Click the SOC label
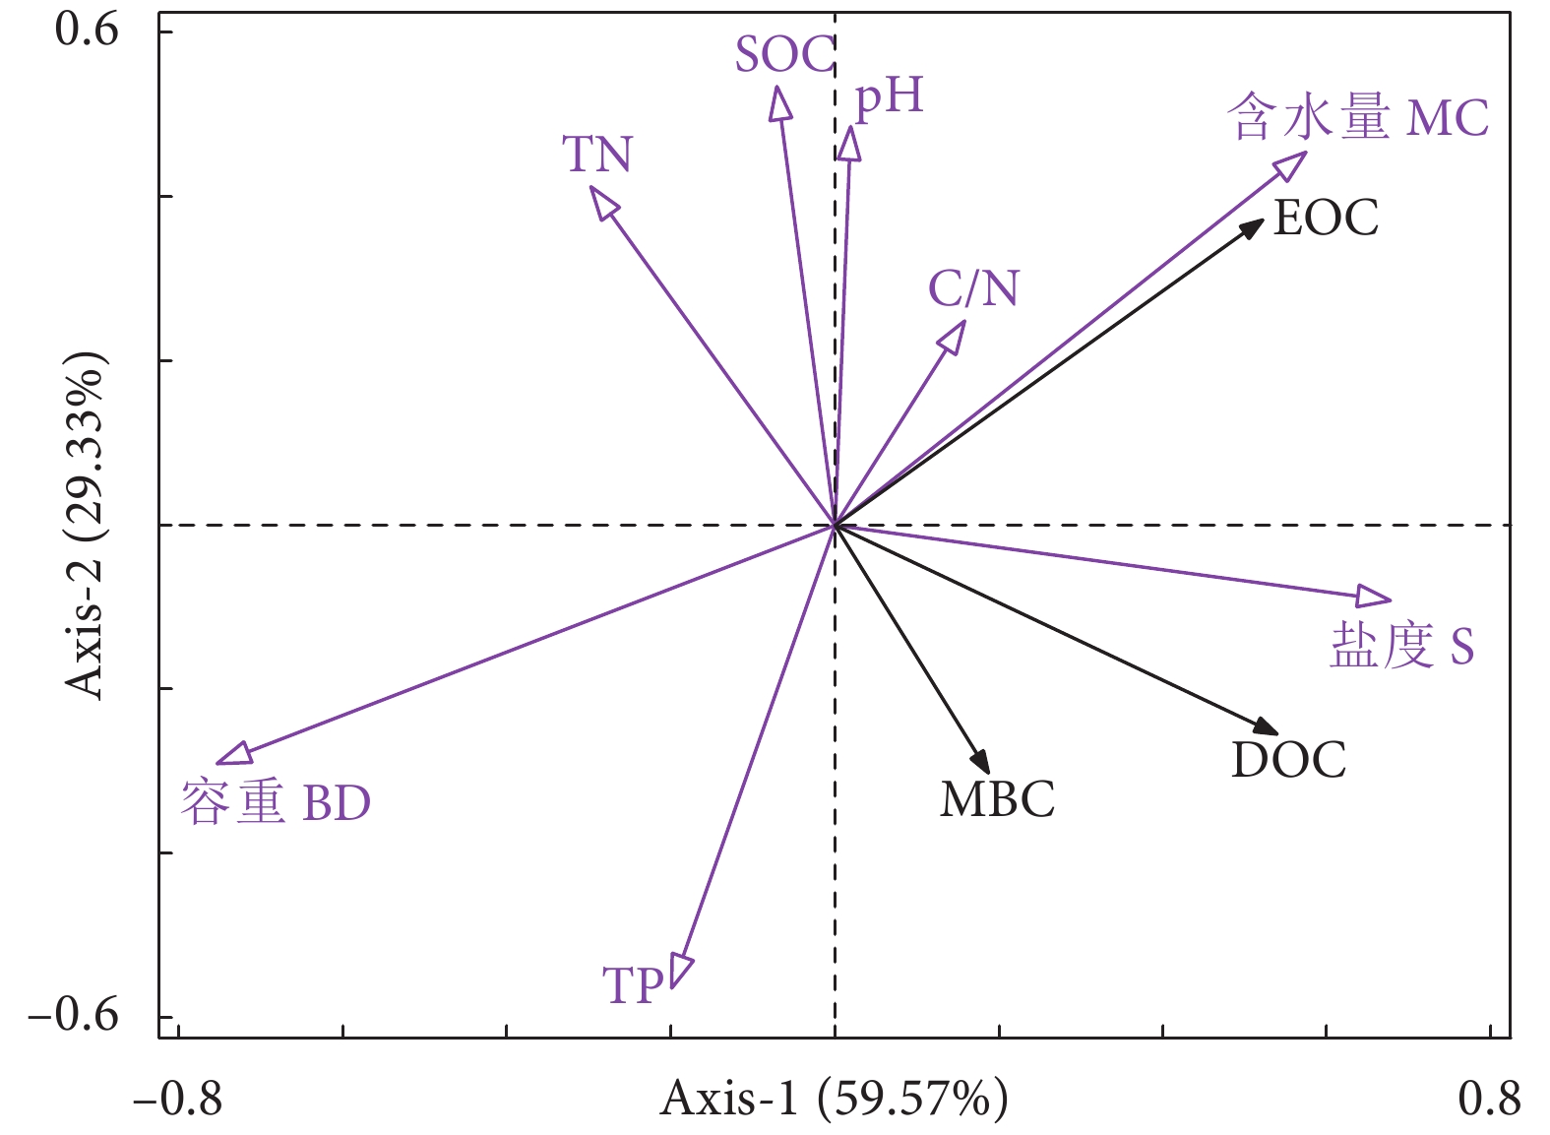click(x=784, y=55)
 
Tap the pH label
click(x=889, y=97)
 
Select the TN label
click(x=597, y=155)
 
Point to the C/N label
click(x=973, y=288)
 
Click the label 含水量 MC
click(x=1358, y=118)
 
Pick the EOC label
click(x=1326, y=218)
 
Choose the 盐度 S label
click(x=1402, y=647)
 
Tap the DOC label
click(x=1288, y=760)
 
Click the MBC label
click(x=997, y=799)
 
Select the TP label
click(x=633, y=985)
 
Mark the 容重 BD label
click(x=276, y=803)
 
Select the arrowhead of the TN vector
click(x=602, y=200)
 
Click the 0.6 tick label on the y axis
click(x=87, y=30)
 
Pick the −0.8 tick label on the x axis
click(x=178, y=1099)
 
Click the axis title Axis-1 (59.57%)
click(x=834, y=1099)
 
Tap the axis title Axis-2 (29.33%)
click(x=86, y=524)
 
